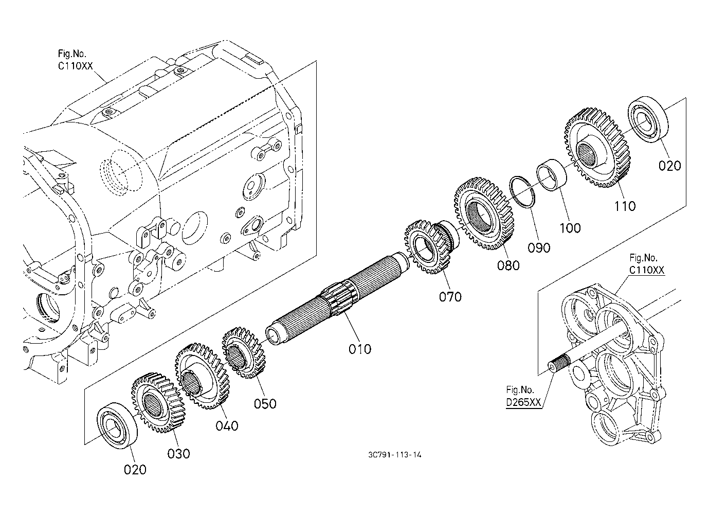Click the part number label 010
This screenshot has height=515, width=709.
pos(359,349)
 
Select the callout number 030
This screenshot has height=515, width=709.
pos(178,454)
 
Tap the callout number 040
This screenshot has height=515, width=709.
pos(227,426)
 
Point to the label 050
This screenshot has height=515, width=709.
pos(265,404)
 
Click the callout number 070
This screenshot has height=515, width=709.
pos(450,297)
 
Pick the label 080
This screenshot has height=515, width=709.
pos(508,265)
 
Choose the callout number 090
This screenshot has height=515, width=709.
pos(539,247)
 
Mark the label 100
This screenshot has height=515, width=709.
pos(570,228)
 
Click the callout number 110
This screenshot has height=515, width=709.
pos(625,206)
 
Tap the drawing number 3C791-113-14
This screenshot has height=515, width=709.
pos(395,455)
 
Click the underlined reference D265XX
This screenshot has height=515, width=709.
pos(523,402)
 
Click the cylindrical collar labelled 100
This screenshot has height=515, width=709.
pos(552,175)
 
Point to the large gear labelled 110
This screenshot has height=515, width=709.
pos(596,147)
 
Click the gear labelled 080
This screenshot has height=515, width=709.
pos(484,213)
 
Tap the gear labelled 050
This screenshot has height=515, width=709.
pos(244,353)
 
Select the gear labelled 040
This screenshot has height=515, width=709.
pos(202,376)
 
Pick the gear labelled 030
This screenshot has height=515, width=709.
pos(158,403)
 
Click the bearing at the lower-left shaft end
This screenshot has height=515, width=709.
pos(117,425)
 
